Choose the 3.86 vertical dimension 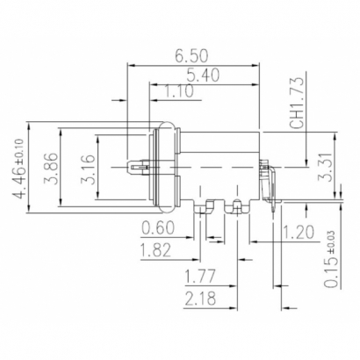[51, 166]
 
